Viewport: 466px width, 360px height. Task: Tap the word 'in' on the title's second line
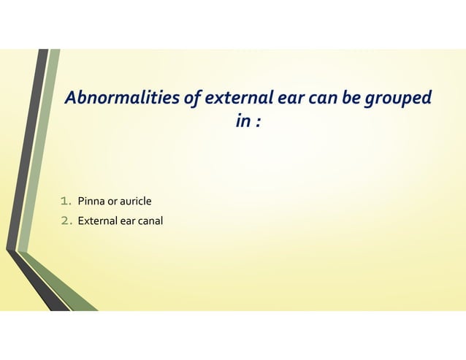coord(242,120)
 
